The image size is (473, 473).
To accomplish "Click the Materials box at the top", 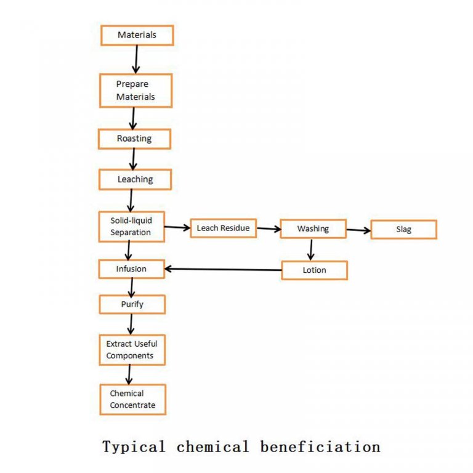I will (137, 35).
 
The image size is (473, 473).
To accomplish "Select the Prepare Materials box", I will (135, 91).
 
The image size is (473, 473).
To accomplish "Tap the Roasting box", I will (134, 139).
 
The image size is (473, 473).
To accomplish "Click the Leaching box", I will (135, 179).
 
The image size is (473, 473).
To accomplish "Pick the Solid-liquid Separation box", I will (131, 226).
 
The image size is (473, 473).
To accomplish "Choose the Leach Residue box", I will (223, 228).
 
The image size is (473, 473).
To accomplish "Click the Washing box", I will (313, 228).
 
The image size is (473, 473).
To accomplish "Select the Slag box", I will (403, 230).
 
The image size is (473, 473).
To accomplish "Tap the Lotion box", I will (314, 270).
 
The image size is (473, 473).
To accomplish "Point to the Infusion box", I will (131, 269).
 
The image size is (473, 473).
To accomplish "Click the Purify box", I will (132, 304).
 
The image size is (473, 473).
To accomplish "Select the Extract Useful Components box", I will (132, 350).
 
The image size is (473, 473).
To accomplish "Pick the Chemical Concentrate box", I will (132, 399).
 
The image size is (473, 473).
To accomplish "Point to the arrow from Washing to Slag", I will (358, 230).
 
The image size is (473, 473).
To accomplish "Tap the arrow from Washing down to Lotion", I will (311, 249).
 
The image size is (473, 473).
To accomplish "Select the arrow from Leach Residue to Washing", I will (268, 228).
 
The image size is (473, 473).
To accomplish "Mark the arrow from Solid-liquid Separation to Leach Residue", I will (177, 227).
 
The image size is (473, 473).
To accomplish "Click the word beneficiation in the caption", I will (320, 447).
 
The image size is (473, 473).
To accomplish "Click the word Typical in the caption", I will (134, 447).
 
